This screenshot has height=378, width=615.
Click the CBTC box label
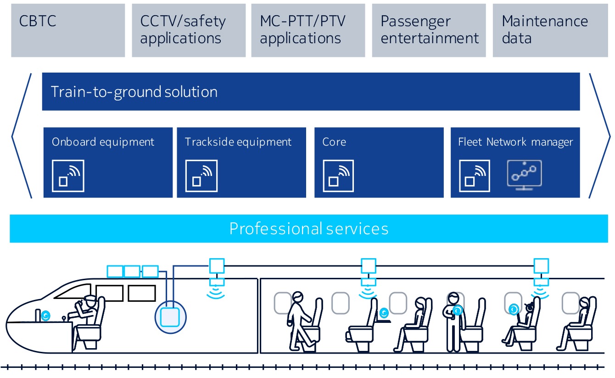38,21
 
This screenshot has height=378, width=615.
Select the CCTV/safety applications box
189,30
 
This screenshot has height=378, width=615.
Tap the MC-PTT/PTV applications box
308,30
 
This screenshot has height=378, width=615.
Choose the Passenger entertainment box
429,30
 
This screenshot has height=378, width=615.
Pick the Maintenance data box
550,30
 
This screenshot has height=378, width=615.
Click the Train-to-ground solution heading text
134,92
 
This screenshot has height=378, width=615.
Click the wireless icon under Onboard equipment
68,176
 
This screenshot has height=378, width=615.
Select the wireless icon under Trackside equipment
201,176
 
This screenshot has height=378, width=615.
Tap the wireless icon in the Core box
338,176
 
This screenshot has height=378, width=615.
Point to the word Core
334,142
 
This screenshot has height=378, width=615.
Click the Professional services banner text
309,229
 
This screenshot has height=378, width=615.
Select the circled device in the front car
170,317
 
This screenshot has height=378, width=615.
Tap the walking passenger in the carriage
300,322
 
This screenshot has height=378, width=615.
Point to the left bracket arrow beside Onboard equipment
22,135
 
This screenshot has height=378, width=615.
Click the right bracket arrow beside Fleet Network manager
599,135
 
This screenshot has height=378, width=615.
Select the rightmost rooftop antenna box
541,265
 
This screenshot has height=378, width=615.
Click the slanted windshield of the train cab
73,291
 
